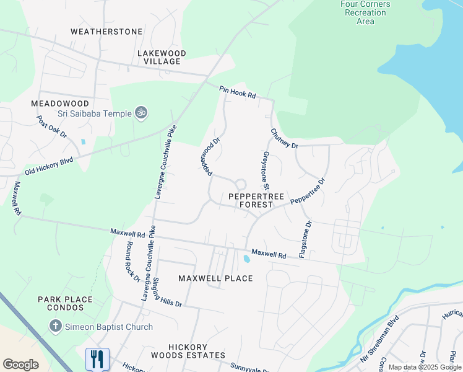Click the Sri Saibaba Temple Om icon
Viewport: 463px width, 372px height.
(x=141, y=113)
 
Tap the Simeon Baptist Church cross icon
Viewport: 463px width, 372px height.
(x=55, y=326)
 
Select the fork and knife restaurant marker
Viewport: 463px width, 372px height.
(x=97, y=359)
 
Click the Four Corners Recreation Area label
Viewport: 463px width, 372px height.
(x=365, y=12)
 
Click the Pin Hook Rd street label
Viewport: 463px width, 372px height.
(x=237, y=92)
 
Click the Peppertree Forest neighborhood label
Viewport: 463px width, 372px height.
(x=256, y=200)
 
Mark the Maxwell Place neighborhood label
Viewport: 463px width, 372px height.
(x=215, y=278)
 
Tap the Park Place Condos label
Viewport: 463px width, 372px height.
(x=65, y=304)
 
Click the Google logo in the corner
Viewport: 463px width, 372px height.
(x=20, y=364)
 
